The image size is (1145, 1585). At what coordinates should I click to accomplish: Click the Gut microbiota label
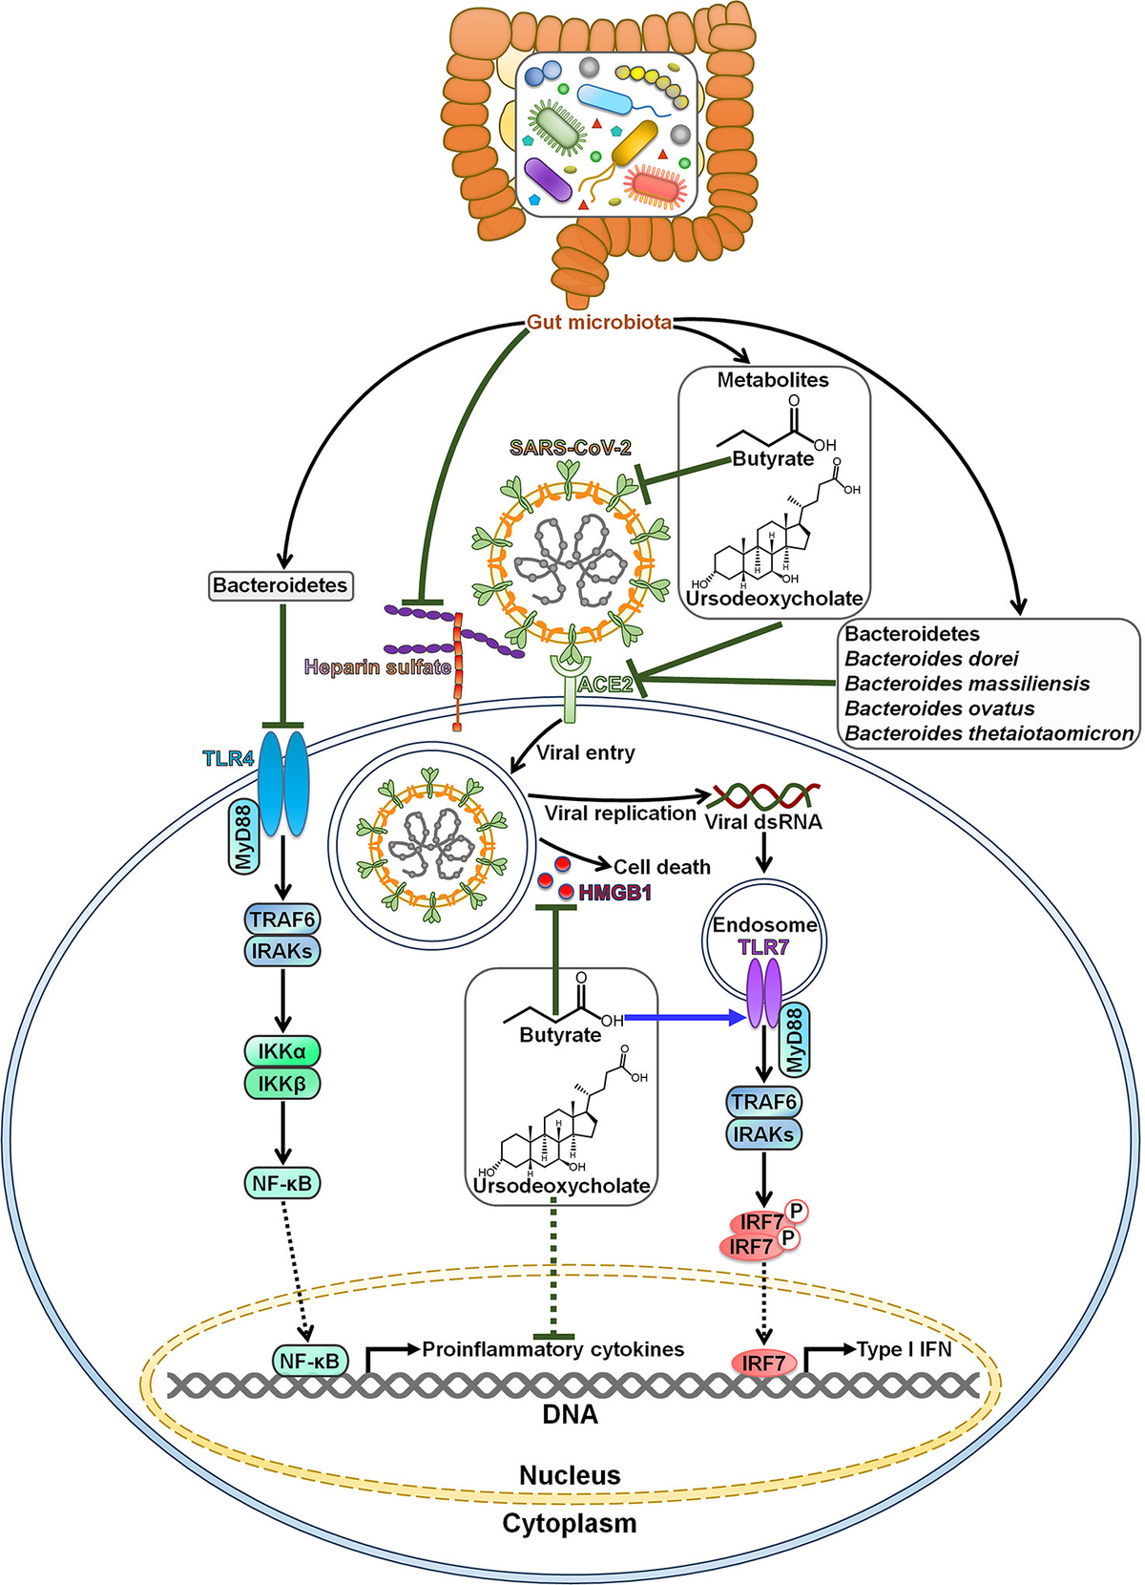pyautogui.click(x=599, y=322)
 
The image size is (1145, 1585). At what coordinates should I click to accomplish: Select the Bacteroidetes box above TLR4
pyautogui.click(x=281, y=585)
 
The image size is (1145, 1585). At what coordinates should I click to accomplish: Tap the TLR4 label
pyautogui.click(x=228, y=759)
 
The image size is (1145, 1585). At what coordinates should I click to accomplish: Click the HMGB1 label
pyautogui.click(x=614, y=894)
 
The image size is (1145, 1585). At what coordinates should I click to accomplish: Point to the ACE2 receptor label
pyautogui.click(x=605, y=685)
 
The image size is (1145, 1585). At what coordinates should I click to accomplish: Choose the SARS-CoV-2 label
pyautogui.click(x=571, y=447)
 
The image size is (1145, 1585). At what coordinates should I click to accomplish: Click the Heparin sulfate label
pyautogui.click(x=377, y=666)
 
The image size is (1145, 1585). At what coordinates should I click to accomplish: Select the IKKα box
pyautogui.click(x=281, y=1052)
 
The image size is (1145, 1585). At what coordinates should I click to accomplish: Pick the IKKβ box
pyautogui.click(x=281, y=1084)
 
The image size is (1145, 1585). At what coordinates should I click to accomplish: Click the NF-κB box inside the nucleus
pyautogui.click(x=310, y=1361)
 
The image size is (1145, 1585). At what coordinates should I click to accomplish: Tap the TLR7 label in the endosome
pyautogui.click(x=763, y=947)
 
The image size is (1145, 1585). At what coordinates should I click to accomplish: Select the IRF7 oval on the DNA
pyautogui.click(x=763, y=1363)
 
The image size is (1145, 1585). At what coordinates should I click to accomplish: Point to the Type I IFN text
pyautogui.click(x=905, y=1349)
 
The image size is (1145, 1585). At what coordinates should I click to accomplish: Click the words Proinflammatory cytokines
pyautogui.click(x=553, y=1349)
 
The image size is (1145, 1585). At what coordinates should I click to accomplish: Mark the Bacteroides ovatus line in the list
pyautogui.click(x=940, y=708)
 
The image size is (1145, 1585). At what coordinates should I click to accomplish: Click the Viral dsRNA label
pyautogui.click(x=763, y=822)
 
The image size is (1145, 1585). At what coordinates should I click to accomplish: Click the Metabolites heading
pyautogui.click(x=773, y=380)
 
